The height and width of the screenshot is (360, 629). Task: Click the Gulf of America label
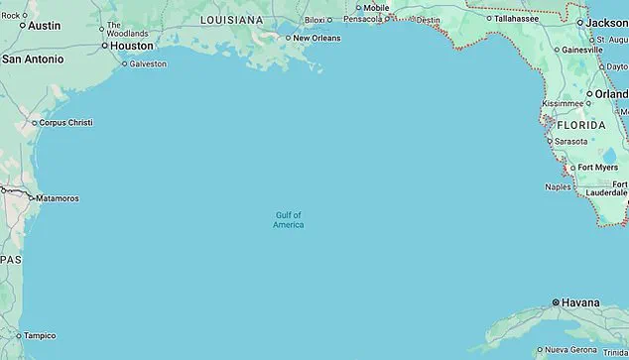pos(289,219)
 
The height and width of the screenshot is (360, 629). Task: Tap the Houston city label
pos(132,46)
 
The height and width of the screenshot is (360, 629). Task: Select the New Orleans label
pos(316,38)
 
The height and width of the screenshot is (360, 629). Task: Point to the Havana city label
pos(580,302)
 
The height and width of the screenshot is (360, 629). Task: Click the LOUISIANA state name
pos(231,19)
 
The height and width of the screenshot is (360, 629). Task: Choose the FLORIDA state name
pos(580,126)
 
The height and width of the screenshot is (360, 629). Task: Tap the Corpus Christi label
pos(67,123)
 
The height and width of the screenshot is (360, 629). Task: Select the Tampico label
pos(41,335)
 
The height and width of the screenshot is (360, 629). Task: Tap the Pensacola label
pos(364,19)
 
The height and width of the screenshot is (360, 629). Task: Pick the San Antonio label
pos(33,60)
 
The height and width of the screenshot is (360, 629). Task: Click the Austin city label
pos(44,26)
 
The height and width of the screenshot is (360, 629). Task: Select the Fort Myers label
pos(598,168)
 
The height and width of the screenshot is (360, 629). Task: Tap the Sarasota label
pos(570,141)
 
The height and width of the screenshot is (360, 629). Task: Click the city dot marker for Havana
pos(555,302)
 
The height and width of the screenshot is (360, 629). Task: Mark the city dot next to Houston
pos(103,45)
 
